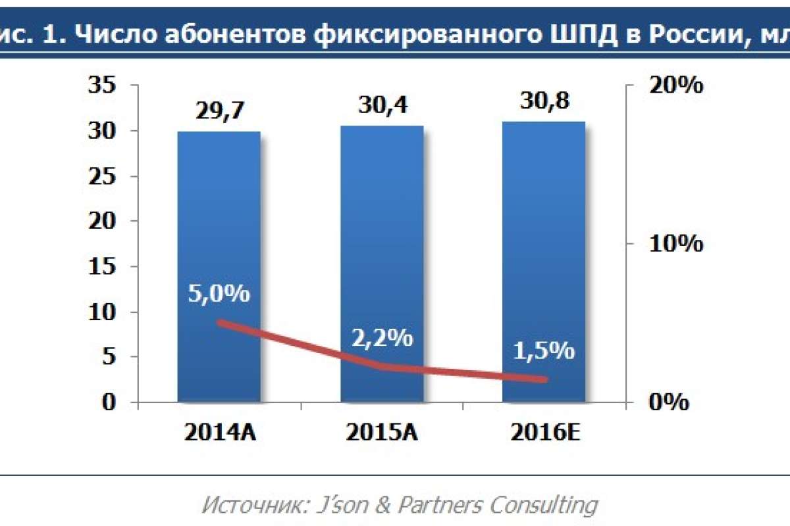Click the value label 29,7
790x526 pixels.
[x=220, y=111]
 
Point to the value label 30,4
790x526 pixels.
[x=382, y=105]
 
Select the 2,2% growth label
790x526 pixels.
[x=382, y=339]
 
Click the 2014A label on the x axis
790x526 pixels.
[x=220, y=435]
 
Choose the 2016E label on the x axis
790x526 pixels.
[x=544, y=435]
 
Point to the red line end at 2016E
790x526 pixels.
[x=544, y=379]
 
